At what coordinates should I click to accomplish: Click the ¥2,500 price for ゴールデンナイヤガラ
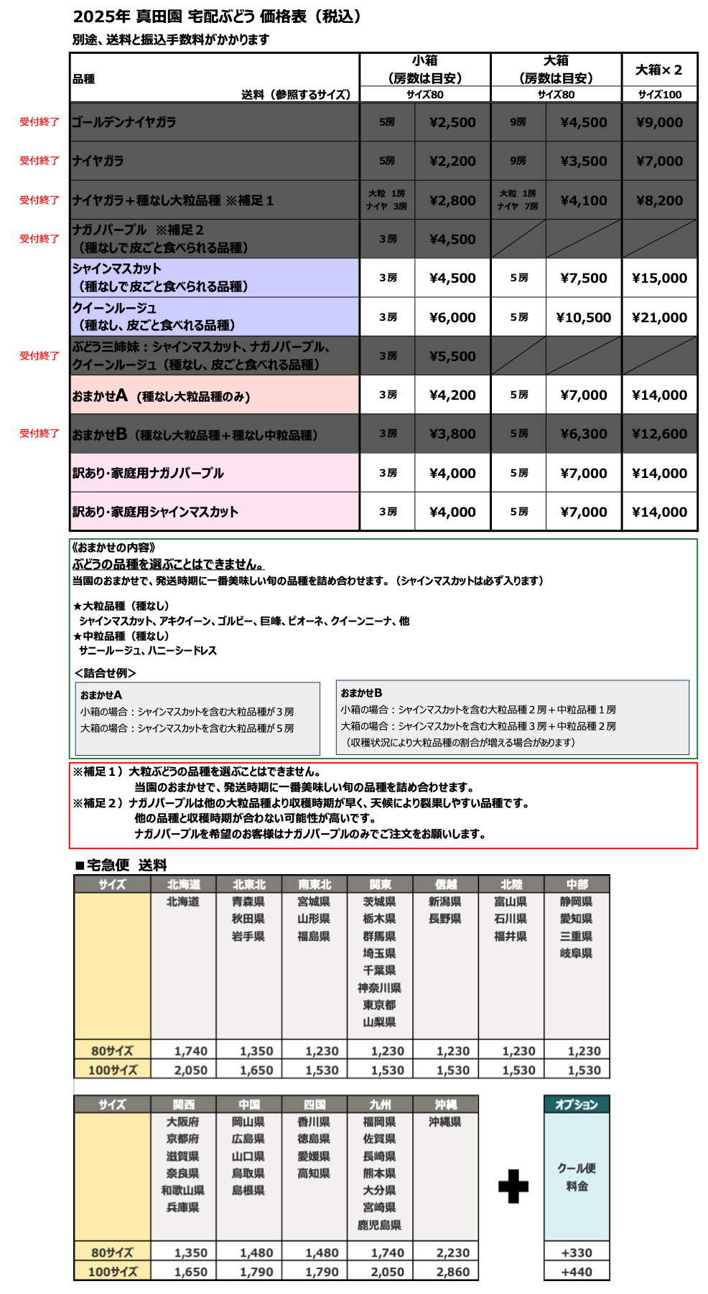[452, 122]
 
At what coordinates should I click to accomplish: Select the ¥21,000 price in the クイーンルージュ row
[659, 317]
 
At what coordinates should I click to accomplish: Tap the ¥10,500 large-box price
[583, 317]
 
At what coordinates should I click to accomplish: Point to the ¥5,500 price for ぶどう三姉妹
[452, 356]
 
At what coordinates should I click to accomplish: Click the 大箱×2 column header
[659, 70]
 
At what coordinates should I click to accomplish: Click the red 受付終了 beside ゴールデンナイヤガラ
[39, 122]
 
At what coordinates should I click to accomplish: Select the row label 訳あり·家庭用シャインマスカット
[155, 512]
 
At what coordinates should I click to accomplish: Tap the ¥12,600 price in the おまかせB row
[659, 434]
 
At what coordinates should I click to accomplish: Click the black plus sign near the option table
[513, 1186]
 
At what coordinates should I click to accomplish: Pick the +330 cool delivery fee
[577, 1252]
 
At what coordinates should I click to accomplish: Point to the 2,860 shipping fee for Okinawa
[452, 1272]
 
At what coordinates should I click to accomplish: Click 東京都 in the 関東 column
[379, 1005]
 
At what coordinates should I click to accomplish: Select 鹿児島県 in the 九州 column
[379, 1225]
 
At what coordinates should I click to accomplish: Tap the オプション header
[577, 1105]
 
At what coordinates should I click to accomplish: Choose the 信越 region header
[445, 884]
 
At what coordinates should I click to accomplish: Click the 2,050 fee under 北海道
[190, 1070]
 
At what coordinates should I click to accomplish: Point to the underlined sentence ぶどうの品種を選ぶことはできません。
[168, 564]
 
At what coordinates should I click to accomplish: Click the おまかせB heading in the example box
[361, 693]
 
